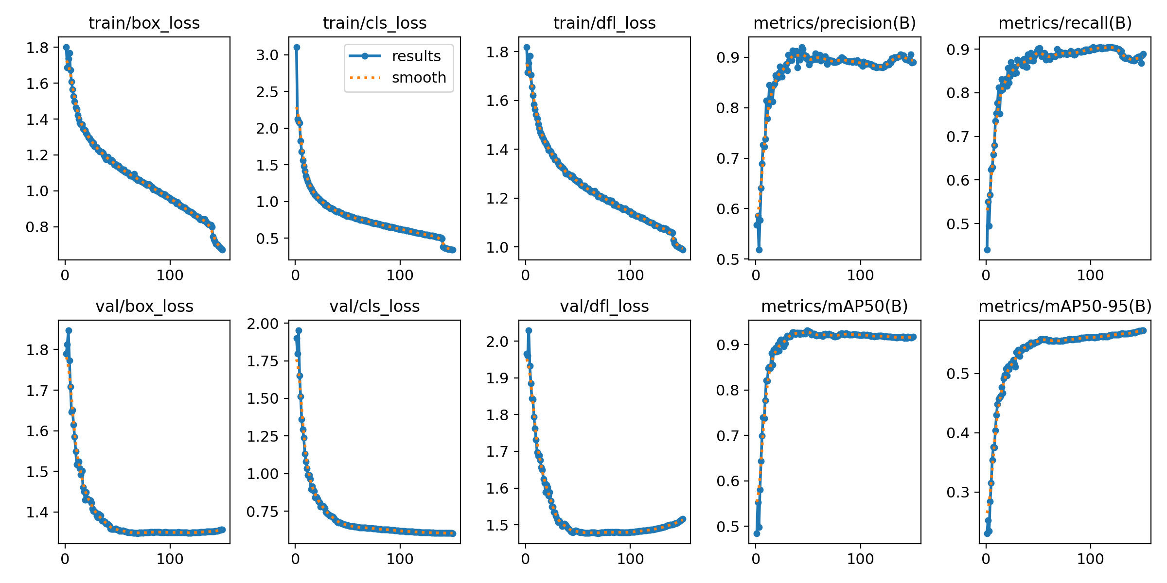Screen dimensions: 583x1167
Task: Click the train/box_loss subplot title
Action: [144, 23]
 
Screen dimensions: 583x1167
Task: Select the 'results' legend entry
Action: [416, 56]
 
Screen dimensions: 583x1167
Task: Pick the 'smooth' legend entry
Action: [419, 77]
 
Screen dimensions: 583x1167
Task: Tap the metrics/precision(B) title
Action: [834, 23]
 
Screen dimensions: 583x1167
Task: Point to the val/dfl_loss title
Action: [604, 306]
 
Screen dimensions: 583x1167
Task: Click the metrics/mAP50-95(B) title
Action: [1065, 306]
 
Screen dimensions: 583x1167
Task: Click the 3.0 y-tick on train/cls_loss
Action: [267, 55]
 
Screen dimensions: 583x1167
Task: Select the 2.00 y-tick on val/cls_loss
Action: [263, 324]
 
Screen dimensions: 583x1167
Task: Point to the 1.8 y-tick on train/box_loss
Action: [37, 48]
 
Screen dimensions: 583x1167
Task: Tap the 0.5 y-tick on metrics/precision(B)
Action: [727, 259]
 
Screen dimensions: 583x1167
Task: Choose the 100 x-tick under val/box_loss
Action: [170, 559]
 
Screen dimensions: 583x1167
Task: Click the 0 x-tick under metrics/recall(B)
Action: [986, 275]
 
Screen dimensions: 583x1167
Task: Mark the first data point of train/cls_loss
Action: [297, 47]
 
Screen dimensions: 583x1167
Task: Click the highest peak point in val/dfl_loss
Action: [529, 330]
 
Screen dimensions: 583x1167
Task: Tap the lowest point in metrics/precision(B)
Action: [759, 250]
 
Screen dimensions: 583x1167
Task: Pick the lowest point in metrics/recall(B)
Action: [987, 250]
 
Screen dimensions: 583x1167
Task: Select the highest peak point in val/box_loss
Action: [69, 330]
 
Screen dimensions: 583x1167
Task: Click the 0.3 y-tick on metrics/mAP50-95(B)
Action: [958, 492]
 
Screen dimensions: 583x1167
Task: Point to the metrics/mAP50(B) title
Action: [834, 306]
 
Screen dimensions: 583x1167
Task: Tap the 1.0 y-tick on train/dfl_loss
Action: [497, 247]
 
